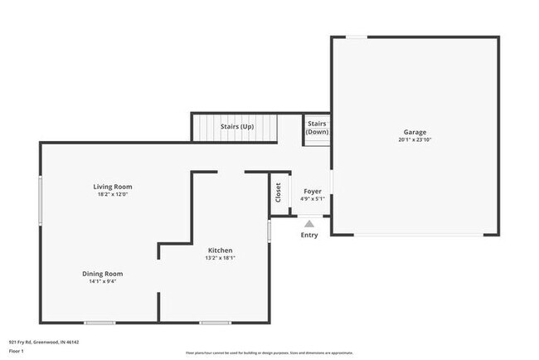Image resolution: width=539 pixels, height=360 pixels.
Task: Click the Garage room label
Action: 415,132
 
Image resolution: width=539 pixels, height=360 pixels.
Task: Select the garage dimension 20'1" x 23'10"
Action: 415,140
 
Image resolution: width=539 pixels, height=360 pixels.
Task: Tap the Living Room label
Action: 112,187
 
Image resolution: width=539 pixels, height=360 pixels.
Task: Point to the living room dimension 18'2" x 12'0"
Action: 112,195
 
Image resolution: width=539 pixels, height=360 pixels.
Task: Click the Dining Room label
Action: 102,274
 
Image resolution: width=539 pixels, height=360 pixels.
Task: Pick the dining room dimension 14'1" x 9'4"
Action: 102,282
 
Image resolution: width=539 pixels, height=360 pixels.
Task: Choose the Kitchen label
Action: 220,251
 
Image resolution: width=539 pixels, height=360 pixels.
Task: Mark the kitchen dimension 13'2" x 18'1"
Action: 220,258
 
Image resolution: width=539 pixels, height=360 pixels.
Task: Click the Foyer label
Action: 313,191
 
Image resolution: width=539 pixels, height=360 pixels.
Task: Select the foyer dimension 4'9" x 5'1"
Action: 313,199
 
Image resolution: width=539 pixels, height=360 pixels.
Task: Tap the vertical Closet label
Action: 279,192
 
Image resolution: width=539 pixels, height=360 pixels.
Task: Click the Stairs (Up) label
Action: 236,127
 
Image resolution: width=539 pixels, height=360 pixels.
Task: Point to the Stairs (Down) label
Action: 316,129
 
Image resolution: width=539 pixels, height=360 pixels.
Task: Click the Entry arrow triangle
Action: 309,223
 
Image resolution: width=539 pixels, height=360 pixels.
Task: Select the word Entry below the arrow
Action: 309,236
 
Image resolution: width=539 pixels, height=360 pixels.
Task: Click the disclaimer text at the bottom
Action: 268,351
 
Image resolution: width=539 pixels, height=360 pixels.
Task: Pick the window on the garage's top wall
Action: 356,36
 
